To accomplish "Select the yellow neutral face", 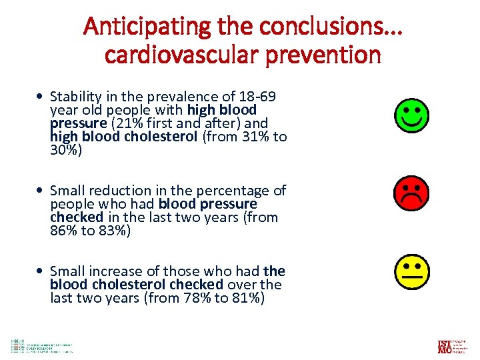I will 411,272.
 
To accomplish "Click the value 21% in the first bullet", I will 125,123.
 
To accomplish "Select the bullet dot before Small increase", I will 42,272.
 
